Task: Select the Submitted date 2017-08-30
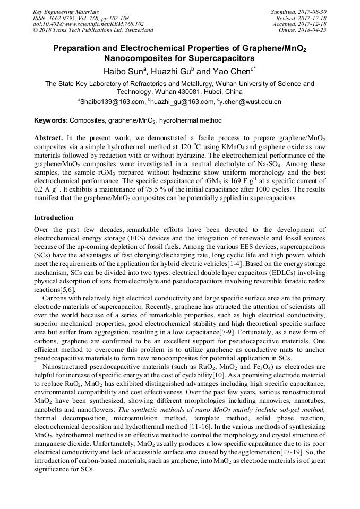click(312, 12)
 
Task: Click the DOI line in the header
click(88, 24)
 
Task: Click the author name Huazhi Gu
click(173, 71)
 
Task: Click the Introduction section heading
click(54, 218)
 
